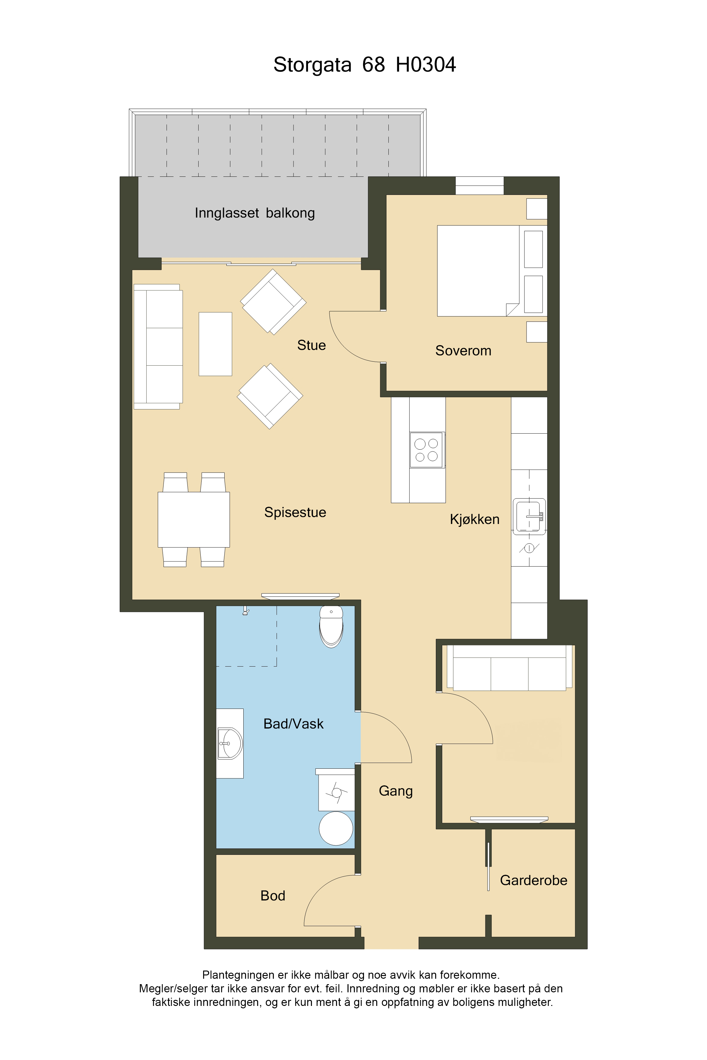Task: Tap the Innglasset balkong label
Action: [255, 213]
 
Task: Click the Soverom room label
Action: [463, 351]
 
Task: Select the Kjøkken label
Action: [474, 519]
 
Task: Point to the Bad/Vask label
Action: [294, 723]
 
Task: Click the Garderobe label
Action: [533, 880]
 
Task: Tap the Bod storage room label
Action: [273, 896]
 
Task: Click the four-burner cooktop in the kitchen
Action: [426, 450]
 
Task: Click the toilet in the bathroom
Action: [331, 626]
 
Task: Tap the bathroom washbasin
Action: [230, 743]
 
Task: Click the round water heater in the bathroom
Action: [336, 828]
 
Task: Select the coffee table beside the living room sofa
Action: [216, 344]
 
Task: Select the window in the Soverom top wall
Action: [479, 186]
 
